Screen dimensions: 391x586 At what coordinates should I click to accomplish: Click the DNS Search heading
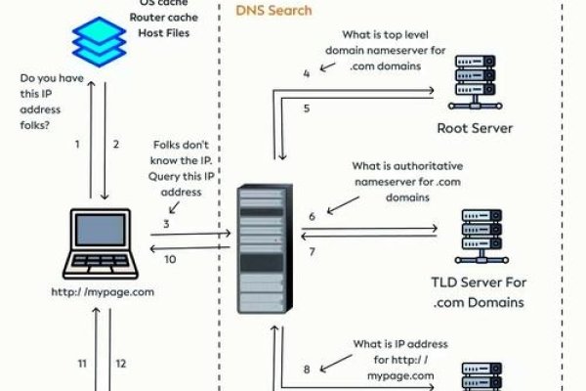274,11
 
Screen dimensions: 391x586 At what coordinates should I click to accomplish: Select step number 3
167,224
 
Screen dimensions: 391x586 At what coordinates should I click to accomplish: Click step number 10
169,259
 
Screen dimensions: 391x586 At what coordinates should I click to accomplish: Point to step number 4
306,73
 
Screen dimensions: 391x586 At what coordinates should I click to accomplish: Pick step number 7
313,252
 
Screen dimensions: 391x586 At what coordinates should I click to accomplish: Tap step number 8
307,369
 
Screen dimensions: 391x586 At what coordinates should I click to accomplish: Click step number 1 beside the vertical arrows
77,145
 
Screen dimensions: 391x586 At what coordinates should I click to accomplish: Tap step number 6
312,216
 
